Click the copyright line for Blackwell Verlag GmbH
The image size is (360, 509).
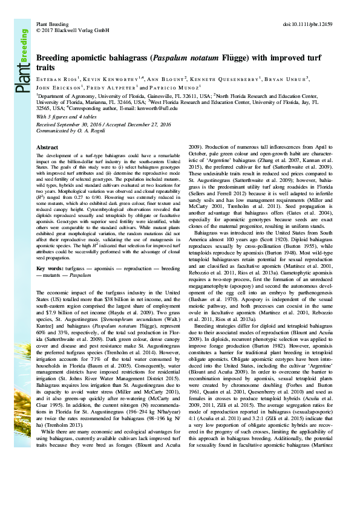click(73, 29)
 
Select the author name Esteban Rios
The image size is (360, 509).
click(58, 79)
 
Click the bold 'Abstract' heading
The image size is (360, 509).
click(48, 147)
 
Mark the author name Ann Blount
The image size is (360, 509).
click(164, 79)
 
